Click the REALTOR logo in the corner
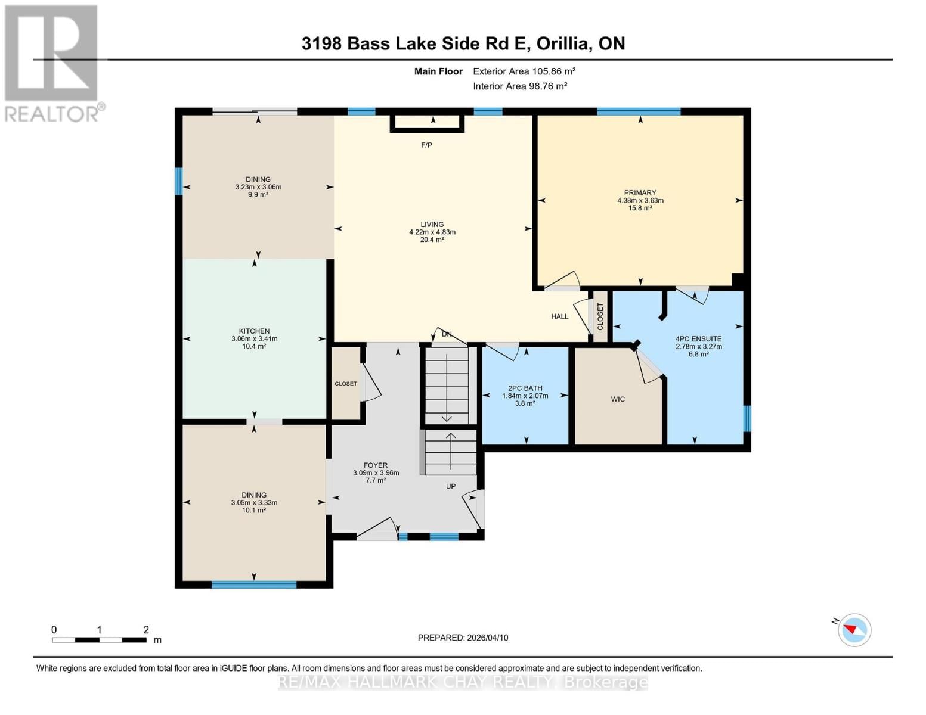pyautogui.click(x=52, y=63)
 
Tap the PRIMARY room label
pyautogui.click(x=640, y=192)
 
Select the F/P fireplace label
pyautogui.click(x=426, y=145)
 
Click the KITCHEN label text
pyautogui.click(x=254, y=331)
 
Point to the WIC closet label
pyautogui.click(x=618, y=399)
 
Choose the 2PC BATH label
pyautogui.click(x=525, y=388)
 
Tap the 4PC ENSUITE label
pyautogui.click(x=698, y=338)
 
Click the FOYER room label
pyautogui.click(x=376, y=465)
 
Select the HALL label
pyautogui.click(x=559, y=316)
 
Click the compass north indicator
pyautogui.click(x=854, y=629)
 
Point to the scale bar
pyautogui.click(x=99, y=640)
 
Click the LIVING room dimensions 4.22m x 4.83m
pyautogui.click(x=432, y=232)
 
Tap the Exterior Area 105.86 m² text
pyautogui.click(x=524, y=71)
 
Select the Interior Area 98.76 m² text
pyautogui.click(x=520, y=86)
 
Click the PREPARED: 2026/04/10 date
pyautogui.click(x=463, y=638)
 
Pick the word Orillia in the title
pyautogui.click(x=563, y=43)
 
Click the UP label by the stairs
pyautogui.click(x=451, y=486)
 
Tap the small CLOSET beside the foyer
pyautogui.click(x=346, y=384)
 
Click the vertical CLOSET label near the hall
pyautogui.click(x=600, y=316)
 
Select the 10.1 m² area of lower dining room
pyautogui.click(x=254, y=510)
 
